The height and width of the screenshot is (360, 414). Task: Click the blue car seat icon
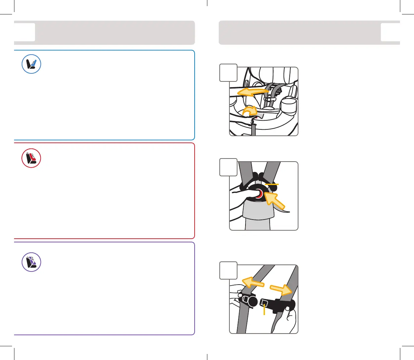click(31, 64)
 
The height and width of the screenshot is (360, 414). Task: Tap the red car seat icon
click(31, 158)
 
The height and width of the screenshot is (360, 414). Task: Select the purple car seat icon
click(31, 262)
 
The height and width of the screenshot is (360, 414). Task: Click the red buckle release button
click(259, 194)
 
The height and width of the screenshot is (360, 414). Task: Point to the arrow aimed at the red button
click(274, 201)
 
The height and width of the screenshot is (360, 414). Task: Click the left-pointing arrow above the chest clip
click(253, 283)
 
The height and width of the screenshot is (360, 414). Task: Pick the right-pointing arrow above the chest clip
click(282, 289)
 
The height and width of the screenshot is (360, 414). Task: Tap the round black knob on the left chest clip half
click(253, 302)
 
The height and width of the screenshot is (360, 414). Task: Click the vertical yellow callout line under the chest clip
click(264, 309)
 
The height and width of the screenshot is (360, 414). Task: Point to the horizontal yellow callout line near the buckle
click(272, 184)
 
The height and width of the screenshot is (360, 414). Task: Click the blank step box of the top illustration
click(228, 73)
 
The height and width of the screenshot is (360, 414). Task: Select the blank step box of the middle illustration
click(228, 167)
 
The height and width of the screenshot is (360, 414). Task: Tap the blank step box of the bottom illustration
click(228, 271)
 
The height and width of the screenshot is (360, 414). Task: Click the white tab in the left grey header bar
click(25, 32)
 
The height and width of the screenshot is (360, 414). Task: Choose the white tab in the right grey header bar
click(390, 32)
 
